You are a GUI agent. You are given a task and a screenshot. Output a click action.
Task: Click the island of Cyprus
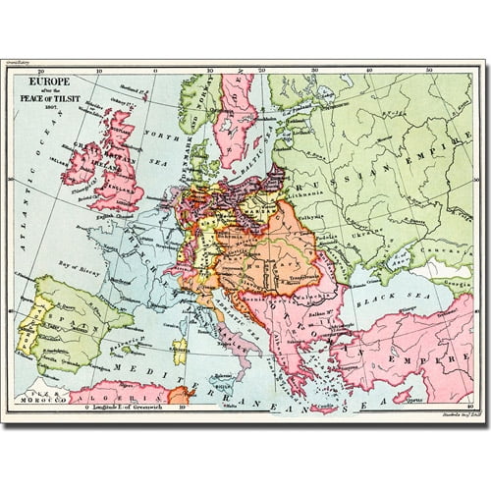(402, 396)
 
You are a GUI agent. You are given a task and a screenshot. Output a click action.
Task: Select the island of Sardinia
(179, 347)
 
